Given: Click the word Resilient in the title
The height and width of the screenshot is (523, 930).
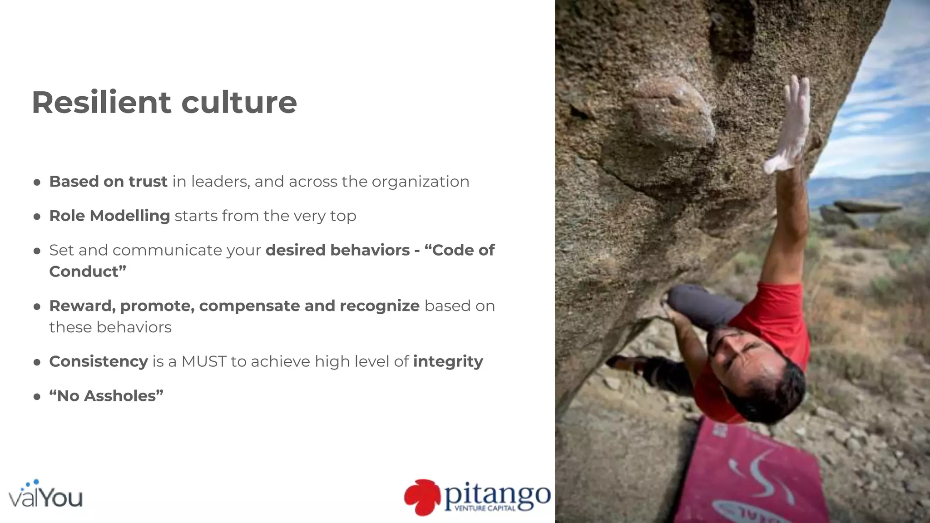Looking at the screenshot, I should coord(101,103).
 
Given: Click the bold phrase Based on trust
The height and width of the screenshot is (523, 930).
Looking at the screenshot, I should coord(108,182).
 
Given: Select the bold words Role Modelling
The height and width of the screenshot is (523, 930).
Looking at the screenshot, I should coord(109,216).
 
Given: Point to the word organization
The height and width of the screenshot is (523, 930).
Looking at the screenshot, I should coord(420,182).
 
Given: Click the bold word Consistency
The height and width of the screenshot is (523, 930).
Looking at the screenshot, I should coord(99,361).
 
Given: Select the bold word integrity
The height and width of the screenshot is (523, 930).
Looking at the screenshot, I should coord(448,361).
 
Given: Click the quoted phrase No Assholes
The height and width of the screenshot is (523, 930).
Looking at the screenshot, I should coord(106,396).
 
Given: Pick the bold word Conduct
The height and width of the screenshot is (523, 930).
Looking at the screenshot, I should coord(85,271).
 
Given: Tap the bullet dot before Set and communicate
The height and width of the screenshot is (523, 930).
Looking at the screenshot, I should coord(37,251).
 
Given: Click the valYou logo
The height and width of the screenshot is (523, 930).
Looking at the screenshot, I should coord(45,495).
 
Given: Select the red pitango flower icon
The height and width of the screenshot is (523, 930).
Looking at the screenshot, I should coord(422,497).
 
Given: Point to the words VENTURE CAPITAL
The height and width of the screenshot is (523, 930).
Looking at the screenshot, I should coord(485,508).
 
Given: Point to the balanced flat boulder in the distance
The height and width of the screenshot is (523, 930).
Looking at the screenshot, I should coord(867,207).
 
